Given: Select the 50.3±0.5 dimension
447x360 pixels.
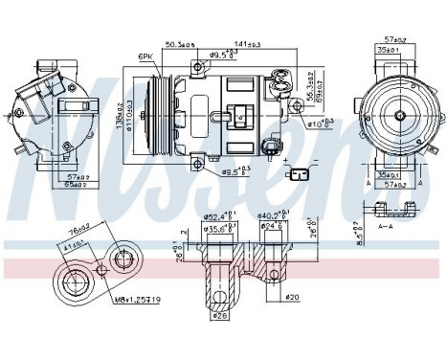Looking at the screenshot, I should pyautogui.click(x=179, y=43).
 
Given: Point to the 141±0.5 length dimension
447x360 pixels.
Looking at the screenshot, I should pyautogui.click(x=248, y=43).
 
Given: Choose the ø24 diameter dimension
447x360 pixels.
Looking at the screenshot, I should pyautogui.click(x=275, y=228).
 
